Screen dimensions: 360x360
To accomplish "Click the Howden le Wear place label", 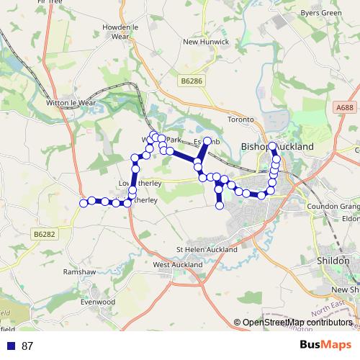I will tap(120, 31).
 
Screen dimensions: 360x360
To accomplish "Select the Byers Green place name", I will tap(321, 12).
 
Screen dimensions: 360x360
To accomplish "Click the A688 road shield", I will tap(345, 107).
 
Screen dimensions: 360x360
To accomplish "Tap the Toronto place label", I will tap(240, 119).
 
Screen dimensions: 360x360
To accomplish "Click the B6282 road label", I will tap(45, 234).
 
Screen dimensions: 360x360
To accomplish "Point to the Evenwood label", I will tap(97, 302).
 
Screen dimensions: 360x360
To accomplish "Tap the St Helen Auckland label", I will tap(207, 249).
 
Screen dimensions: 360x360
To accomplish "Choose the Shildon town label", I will tap(333, 260).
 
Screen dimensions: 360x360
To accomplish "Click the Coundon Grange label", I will tap(333, 206).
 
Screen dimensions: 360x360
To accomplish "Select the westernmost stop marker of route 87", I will tap(84, 203).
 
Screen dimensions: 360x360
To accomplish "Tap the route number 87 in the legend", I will tap(27, 346).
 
